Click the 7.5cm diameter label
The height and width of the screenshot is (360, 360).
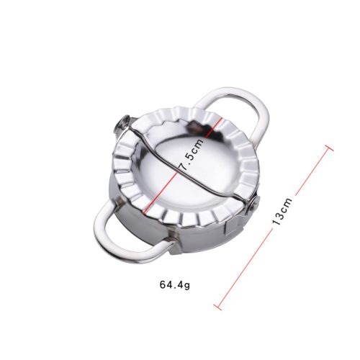pyautogui.click(x=192, y=154)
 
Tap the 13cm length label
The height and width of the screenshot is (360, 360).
pyautogui.click(x=282, y=211)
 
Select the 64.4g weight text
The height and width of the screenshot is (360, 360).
pyautogui.click(x=175, y=285)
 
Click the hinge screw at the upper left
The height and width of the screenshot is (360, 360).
pyautogui.click(x=124, y=124)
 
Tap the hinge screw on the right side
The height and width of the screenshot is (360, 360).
pyautogui.click(x=254, y=204)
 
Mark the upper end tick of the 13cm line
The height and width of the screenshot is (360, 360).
pyautogui.click(x=329, y=148)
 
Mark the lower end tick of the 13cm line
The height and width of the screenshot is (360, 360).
pyautogui.click(x=217, y=307)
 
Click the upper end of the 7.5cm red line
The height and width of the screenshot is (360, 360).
pyautogui.click(x=220, y=118)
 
